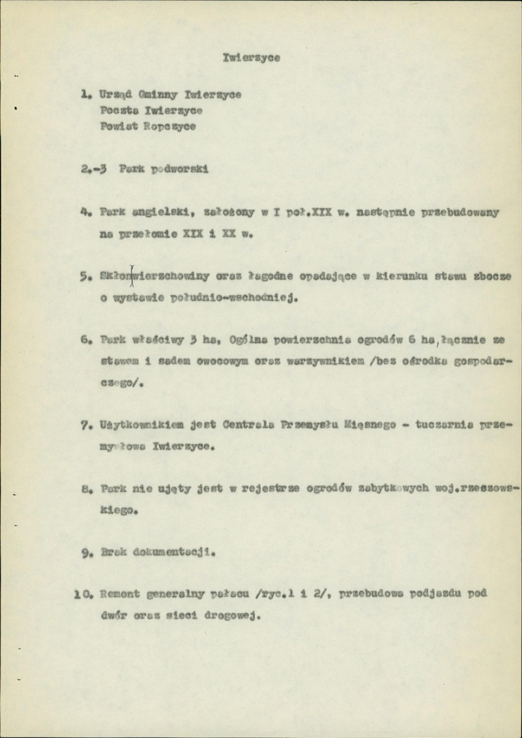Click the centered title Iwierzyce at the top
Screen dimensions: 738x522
coord(251,58)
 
